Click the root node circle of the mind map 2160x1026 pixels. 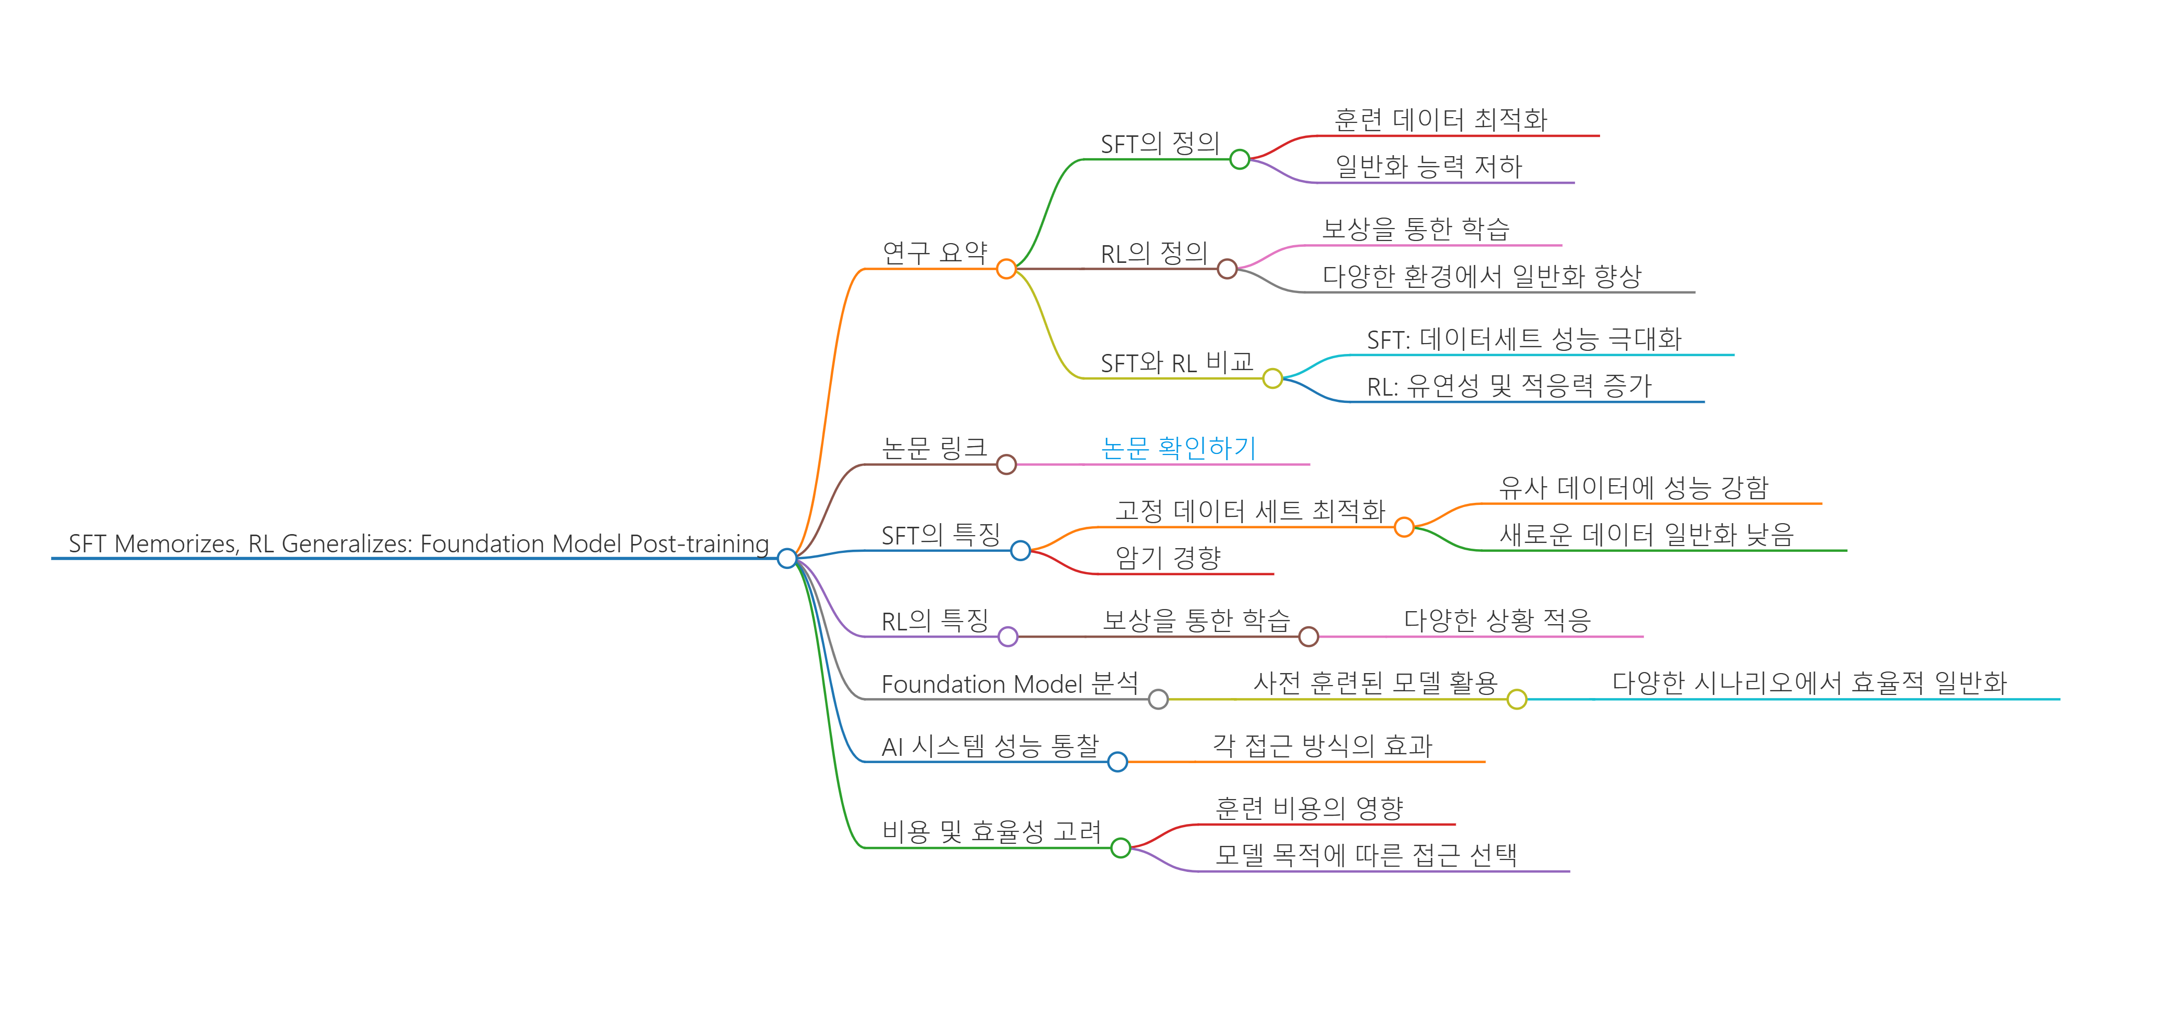786,558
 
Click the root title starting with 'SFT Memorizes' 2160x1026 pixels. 418,544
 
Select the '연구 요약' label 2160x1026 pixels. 935,252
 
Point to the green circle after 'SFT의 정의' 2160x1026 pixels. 1239,159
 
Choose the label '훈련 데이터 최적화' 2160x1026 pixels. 1441,120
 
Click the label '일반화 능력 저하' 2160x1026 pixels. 1428,167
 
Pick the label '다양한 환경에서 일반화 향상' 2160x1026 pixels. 1482,276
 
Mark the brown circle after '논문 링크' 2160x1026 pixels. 1006,464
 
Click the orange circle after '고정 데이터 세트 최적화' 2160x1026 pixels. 1404,527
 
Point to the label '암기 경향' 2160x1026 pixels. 1168,558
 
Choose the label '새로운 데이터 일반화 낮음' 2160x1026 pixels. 1646,535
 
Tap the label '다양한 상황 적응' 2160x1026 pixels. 1497,621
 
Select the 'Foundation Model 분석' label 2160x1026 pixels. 1009,684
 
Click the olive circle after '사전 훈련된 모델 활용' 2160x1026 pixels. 1516,699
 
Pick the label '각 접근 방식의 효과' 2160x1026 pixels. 1322,746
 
